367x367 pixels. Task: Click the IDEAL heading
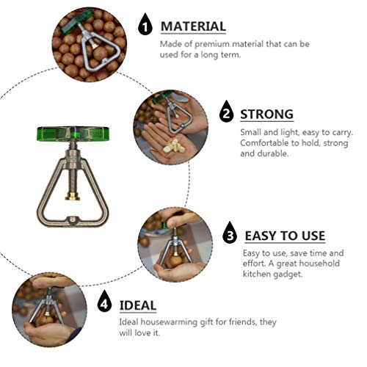[x=137, y=304]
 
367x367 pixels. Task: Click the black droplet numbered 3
[x=230, y=235]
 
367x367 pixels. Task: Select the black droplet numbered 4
[x=105, y=303]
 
